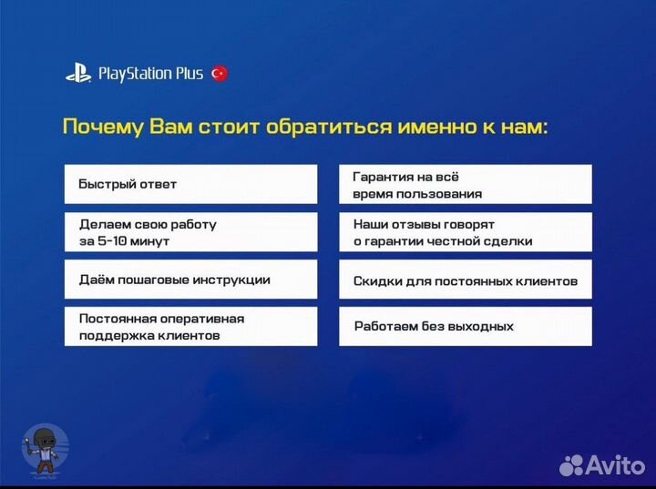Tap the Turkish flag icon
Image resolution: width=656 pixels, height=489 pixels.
[x=219, y=74]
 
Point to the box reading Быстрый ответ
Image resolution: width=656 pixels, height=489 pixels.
[x=190, y=184]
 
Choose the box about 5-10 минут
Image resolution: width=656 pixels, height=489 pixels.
[x=190, y=232]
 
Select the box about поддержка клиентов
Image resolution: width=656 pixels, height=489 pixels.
[x=190, y=327]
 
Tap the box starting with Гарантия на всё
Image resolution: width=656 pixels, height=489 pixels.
[x=465, y=184]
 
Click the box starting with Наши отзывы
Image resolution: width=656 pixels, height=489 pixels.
[x=465, y=232]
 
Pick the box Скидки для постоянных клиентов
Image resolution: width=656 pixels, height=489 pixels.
[x=465, y=280]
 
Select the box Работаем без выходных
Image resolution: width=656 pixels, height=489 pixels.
[x=465, y=327]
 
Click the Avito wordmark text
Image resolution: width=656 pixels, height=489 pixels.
[x=617, y=464]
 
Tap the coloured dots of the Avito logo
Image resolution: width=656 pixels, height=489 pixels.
[x=572, y=464]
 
